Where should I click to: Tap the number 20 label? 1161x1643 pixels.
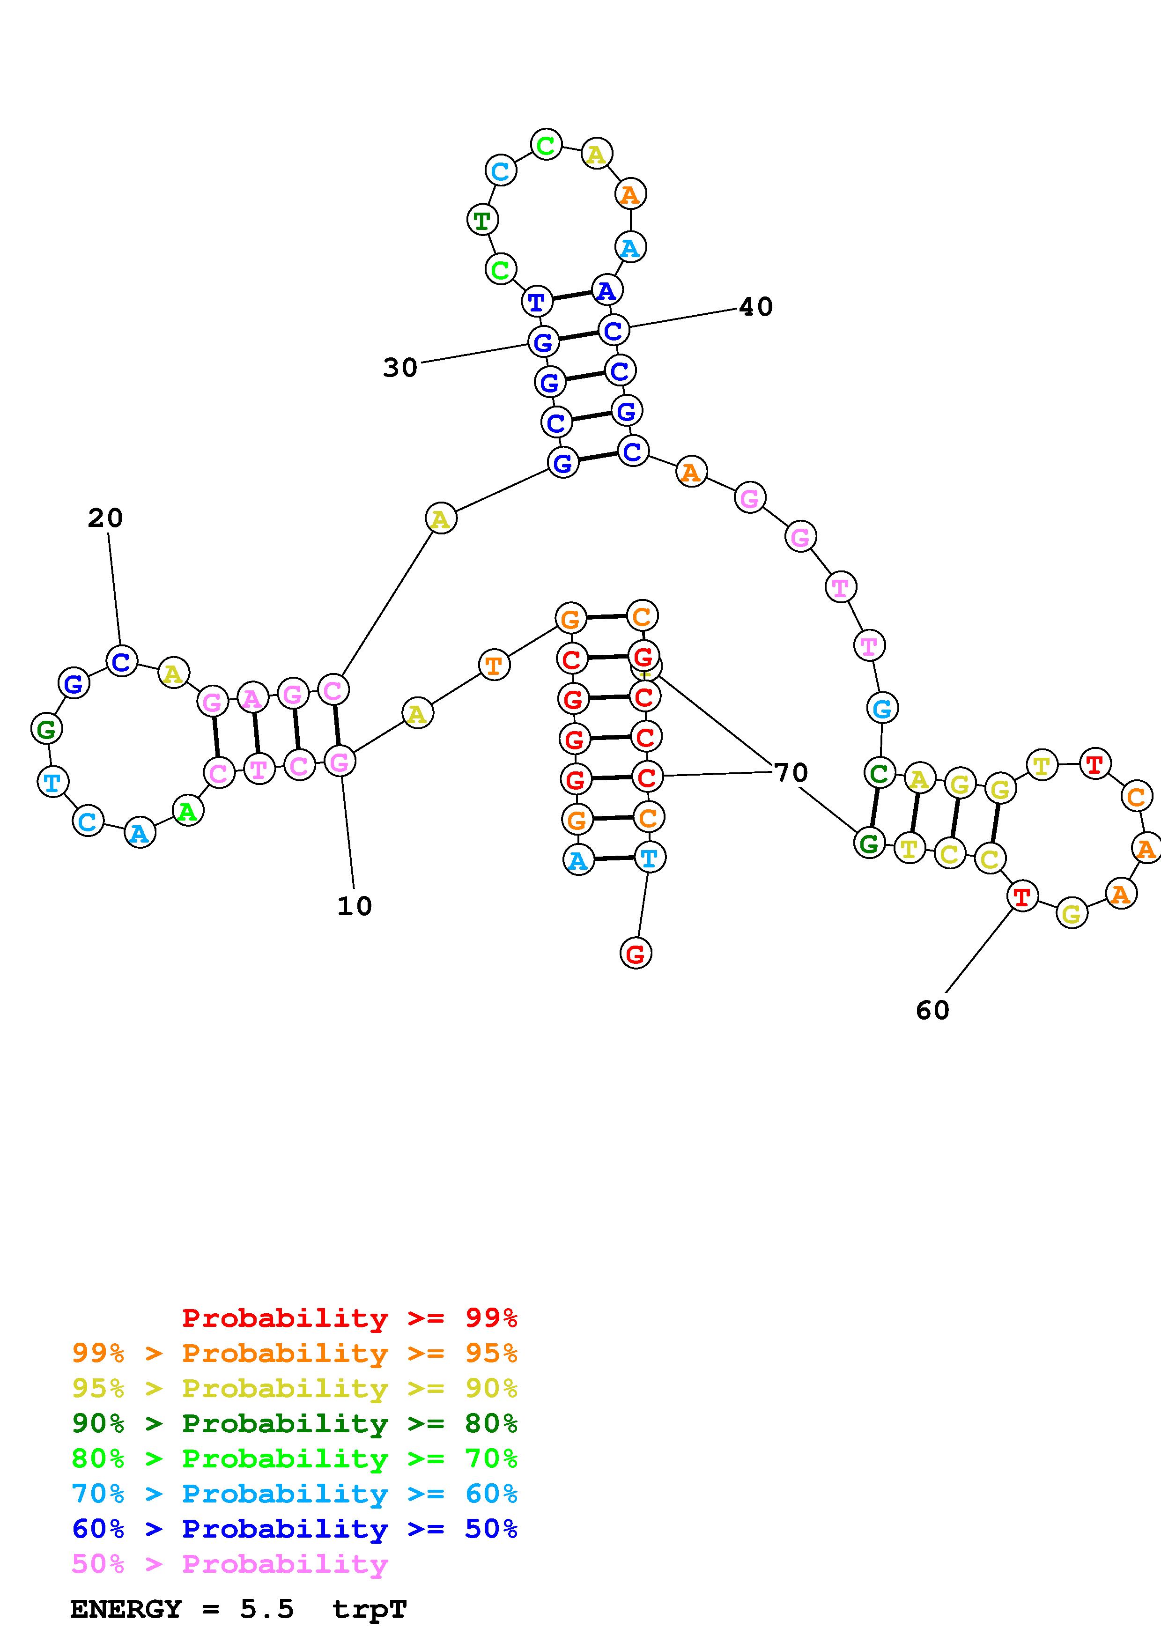tap(105, 518)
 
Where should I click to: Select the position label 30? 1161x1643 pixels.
tap(400, 368)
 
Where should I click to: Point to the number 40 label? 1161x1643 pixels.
tap(755, 307)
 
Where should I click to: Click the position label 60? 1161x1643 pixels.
tap(932, 1010)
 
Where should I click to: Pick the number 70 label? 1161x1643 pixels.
tap(791, 773)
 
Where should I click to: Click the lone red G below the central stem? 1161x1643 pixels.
tap(635, 953)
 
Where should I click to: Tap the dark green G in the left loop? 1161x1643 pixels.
tap(46, 730)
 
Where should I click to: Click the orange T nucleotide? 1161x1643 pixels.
tap(494, 666)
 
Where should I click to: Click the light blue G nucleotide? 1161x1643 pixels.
tap(882, 709)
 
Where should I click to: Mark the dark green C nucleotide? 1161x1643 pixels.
tap(879, 773)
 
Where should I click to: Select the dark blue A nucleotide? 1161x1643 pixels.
tap(606, 290)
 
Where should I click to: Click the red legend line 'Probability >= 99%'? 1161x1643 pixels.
tap(349, 1318)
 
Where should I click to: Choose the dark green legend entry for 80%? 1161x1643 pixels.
tap(295, 1423)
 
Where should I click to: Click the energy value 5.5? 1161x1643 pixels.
tap(267, 1609)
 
